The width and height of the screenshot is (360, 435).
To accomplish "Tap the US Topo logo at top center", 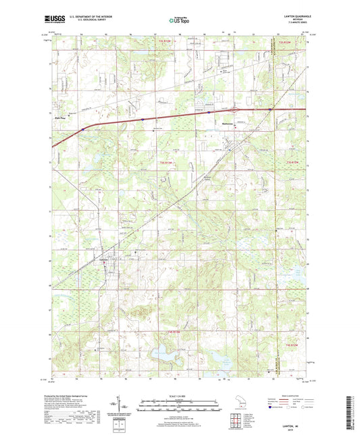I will (x=178, y=21).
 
